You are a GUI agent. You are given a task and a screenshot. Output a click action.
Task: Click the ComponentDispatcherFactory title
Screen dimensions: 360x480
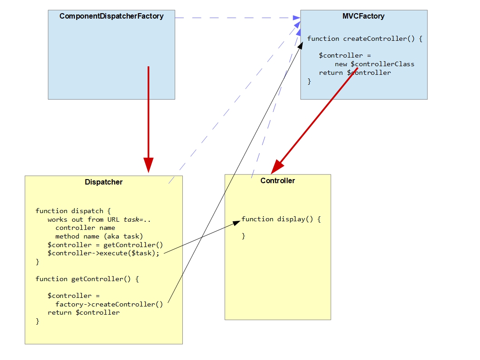tap(111, 16)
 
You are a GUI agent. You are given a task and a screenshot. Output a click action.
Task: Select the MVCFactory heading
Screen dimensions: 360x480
tap(363, 16)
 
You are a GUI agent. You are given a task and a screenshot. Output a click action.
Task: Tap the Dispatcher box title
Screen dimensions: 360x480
tap(103, 182)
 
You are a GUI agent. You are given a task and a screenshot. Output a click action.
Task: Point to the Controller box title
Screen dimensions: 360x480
tap(277, 181)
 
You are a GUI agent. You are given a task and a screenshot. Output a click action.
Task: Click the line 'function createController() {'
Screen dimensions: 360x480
tap(364, 39)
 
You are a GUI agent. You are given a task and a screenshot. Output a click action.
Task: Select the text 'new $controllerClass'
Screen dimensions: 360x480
tap(374, 64)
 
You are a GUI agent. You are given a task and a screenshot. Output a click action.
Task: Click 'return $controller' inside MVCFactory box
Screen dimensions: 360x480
tap(354, 73)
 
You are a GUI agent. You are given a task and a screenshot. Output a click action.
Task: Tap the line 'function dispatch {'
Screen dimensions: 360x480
tap(73, 211)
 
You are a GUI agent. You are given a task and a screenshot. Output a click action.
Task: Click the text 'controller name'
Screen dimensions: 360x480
tap(85, 228)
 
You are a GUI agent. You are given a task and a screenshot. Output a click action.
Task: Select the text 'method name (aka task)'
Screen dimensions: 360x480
tap(99, 236)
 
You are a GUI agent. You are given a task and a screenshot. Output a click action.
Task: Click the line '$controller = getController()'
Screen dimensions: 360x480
tap(105, 245)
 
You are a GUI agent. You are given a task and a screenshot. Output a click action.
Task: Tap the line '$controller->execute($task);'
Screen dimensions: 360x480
tap(103, 253)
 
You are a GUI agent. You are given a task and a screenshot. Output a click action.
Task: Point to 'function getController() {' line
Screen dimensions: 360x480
tap(87, 279)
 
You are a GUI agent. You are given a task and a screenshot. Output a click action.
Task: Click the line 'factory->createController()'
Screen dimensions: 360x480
tap(109, 304)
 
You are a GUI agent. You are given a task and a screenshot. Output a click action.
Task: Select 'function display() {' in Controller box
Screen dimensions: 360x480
tap(281, 219)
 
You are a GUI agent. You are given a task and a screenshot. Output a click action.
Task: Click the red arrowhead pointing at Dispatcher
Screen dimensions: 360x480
tap(148, 165)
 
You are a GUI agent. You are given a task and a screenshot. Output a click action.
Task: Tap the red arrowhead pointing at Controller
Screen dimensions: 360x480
tap(276, 167)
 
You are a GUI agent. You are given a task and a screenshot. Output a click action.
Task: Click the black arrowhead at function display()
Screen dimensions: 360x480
tap(236, 222)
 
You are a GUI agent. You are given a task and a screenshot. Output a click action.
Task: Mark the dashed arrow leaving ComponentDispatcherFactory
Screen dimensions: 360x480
tap(236, 18)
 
